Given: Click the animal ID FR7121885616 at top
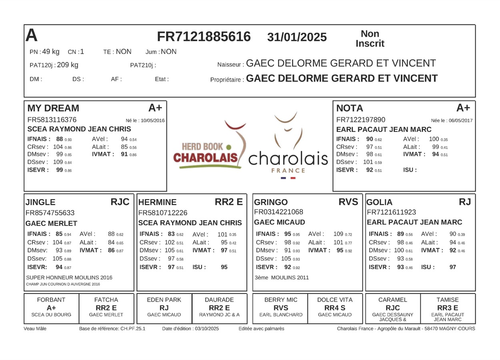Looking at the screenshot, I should (x=204, y=37).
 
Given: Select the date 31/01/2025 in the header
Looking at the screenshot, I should (x=297, y=37).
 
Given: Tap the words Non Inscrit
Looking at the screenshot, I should (x=370, y=39).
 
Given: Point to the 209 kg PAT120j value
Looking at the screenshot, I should (x=68, y=65).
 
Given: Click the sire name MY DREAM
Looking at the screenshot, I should (x=53, y=108).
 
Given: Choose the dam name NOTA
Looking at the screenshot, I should (x=350, y=108).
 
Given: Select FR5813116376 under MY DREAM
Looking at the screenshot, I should (x=52, y=120).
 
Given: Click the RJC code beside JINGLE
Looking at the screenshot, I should (x=120, y=202).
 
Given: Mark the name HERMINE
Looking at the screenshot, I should (x=157, y=202).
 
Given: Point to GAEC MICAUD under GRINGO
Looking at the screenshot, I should (x=280, y=222).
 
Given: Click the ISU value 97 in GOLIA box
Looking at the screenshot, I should (x=452, y=267).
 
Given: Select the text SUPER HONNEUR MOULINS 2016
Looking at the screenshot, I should (x=69, y=278).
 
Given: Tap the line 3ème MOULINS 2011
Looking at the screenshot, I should (x=282, y=278).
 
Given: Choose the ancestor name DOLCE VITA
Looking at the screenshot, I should (x=335, y=300).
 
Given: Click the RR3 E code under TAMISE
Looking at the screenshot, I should (x=448, y=308).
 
